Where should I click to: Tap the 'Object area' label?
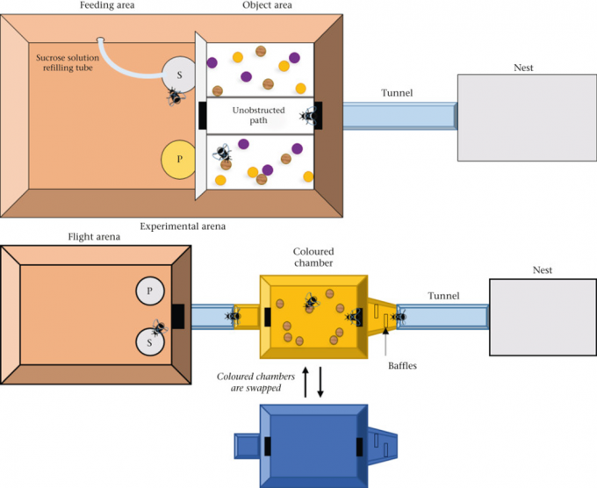[x=267, y=5]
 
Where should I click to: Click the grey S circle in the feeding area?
[x=180, y=75]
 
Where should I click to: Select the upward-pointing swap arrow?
[x=305, y=383]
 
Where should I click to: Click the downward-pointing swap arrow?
[x=320, y=383]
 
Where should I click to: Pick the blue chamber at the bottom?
[x=312, y=444]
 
